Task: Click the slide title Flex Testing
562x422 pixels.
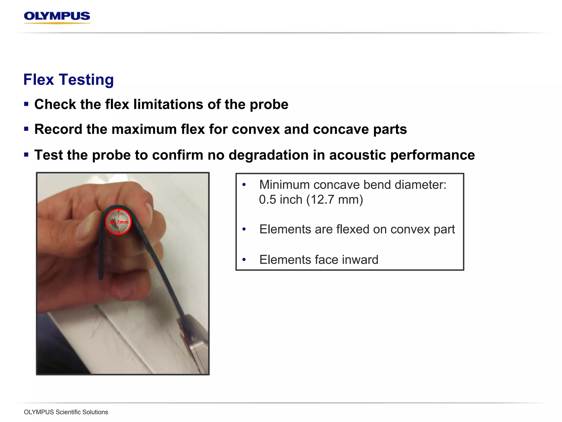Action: coord(68,80)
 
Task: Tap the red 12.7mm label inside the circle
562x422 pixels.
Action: coord(119,222)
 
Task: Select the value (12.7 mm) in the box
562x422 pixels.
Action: coord(335,200)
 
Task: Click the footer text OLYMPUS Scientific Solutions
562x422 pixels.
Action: coord(66,412)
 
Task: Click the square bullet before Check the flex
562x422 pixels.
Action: coord(26,104)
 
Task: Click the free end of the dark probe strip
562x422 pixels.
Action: coord(101,276)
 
